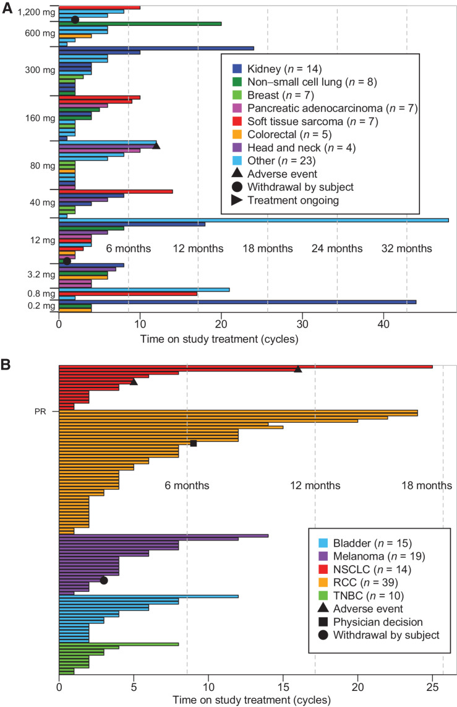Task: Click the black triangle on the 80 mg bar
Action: coord(156,145)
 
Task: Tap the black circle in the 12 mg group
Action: coord(67,261)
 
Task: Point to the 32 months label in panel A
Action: coord(406,248)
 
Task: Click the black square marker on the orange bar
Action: coord(194,443)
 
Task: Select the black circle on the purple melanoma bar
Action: coord(104,580)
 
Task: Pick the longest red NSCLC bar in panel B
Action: coord(246,367)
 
